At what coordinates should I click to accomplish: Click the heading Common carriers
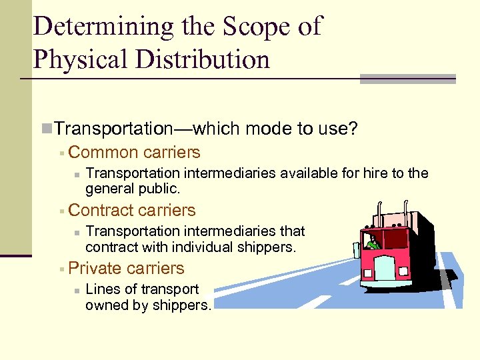pyautogui.click(x=134, y=152)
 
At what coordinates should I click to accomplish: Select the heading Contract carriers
pyautogui.click(x=132, y=210)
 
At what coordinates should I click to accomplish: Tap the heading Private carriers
pyautogui.click(x=126, y=268)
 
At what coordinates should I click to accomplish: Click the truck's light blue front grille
pyautogui.click(x=384, y=269)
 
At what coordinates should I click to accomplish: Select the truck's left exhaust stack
pyautogui.click(x=379, y=212)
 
